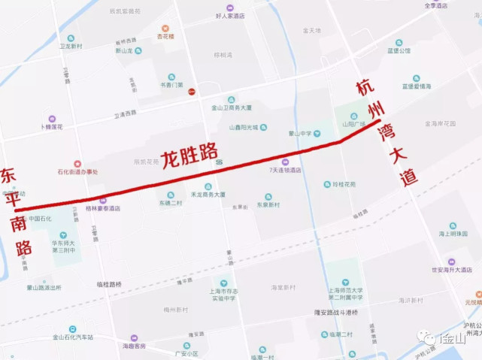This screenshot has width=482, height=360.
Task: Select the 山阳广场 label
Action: tap(353, 124)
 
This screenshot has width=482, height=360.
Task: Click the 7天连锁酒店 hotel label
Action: tap(285, 171)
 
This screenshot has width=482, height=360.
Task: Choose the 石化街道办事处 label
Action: tap(77, 172)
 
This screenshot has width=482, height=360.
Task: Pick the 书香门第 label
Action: tap(171, 85)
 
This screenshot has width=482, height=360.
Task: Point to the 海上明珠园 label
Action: tap(453, 234)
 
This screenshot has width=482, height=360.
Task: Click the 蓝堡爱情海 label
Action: tap(416, 86)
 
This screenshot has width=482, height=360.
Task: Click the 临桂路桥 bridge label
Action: tap(109, 283)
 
